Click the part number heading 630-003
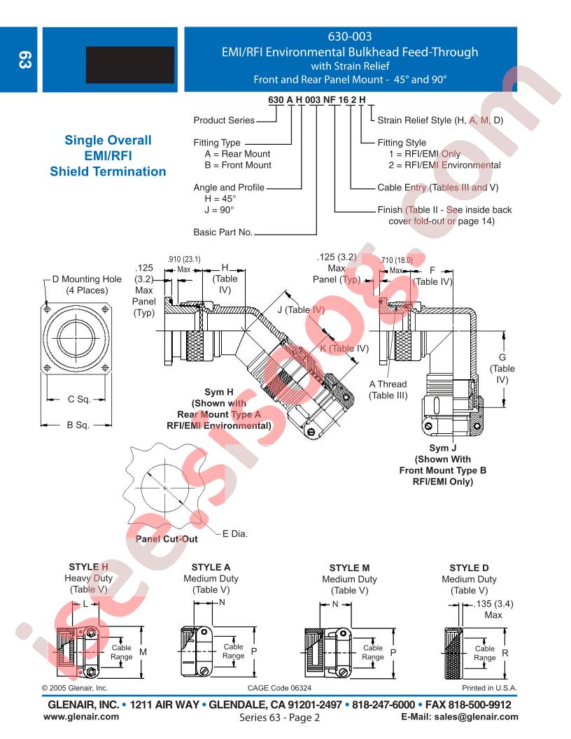coord(350,36)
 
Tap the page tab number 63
coord(24,60)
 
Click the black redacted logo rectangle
coord(130,65)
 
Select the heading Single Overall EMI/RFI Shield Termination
coord(108,155)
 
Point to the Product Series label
coord(224,120)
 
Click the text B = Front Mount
coord(238,165)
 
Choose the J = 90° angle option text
coord(219,210)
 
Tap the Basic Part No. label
coord(223,232)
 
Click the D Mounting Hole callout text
coord(87,285)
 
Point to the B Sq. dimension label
coord(78,425)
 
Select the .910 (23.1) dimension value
coord(184,259)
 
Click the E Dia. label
coord(234,533)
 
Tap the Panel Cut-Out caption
coord(167,539)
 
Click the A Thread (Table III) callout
coord(388,390)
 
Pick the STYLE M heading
coord(349,568)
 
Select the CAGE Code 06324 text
coord(279,688)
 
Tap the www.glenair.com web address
coord(81,717)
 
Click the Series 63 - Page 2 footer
coord(279,717)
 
